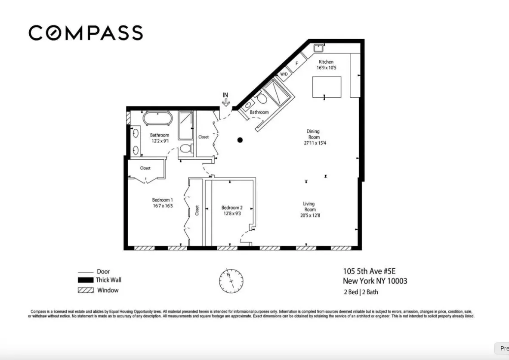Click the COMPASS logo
(x=86, y=33)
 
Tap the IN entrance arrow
(x=225, y=100)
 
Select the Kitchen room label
(x=326, y=62)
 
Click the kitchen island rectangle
(x=327, y=87)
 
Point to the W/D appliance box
(x=284, y=74)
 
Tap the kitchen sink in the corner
(x=318, y=47)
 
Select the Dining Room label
(x=313, y=134)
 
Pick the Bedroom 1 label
(x=162, y=200)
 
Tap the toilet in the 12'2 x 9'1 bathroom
(x=185, y=149)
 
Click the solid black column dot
(x=240, y=140)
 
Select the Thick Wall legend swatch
(x=86, y=280)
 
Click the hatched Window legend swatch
(x=86, y=290)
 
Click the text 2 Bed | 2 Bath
(x=361, y=292)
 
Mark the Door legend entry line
(x=86, y=272)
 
